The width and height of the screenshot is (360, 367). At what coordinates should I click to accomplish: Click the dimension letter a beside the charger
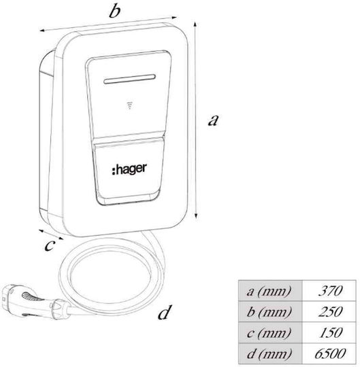213,120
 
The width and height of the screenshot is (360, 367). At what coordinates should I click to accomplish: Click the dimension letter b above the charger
115,11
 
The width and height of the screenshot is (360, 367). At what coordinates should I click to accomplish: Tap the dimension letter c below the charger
50,245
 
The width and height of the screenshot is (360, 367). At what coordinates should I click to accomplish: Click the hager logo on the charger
129,169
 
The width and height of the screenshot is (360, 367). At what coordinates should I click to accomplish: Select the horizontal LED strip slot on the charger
129,79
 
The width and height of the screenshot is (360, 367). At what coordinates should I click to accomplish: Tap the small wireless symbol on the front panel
129,105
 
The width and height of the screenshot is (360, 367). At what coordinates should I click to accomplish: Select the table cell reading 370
329,291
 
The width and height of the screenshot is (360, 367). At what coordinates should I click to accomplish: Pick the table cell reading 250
329,311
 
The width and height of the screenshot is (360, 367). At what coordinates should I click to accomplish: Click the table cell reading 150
329,332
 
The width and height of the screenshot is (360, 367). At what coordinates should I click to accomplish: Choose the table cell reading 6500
329,353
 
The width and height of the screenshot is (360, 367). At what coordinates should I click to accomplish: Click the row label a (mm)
269,291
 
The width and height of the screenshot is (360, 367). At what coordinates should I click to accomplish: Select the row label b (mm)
269,312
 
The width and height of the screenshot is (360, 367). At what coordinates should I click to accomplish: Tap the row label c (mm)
269,332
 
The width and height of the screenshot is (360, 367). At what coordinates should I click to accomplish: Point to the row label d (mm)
269,353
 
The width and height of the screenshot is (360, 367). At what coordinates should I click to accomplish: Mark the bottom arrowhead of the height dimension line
197,216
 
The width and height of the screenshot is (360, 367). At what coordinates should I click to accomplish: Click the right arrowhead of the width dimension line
174,17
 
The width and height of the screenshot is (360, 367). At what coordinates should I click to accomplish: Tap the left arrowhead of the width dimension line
43,30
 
